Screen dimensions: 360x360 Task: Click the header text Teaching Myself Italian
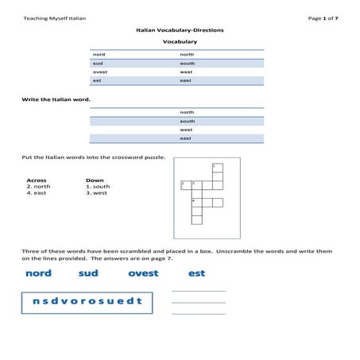pos(55,17)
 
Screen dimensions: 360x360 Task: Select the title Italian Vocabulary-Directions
pos(180,29)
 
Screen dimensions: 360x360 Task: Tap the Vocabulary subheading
pos(180,41)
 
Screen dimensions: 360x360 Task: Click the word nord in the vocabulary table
pos(99,54)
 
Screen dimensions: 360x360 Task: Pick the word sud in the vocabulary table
pos(98,63)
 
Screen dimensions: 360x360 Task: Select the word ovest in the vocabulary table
pos(100,72)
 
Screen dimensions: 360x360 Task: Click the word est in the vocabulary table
pos(97,80)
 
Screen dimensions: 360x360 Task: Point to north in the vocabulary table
pos(187,54)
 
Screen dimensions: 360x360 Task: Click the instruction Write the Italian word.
pos(56,99)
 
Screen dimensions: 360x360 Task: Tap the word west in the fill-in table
pos(186,130)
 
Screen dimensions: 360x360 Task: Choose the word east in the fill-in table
pos(185,138)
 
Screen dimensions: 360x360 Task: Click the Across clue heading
pos(37,180)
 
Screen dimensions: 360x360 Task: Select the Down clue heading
pos(95,180)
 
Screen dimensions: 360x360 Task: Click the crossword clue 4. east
pos(38,193)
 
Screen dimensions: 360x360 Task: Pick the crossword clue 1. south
pos(98,187)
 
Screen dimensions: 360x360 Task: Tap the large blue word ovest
pos(143,273)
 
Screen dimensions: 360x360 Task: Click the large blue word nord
pos(38,273)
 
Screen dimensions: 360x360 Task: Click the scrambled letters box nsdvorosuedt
pos(87,301)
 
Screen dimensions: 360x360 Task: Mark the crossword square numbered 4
pos(196,203)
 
